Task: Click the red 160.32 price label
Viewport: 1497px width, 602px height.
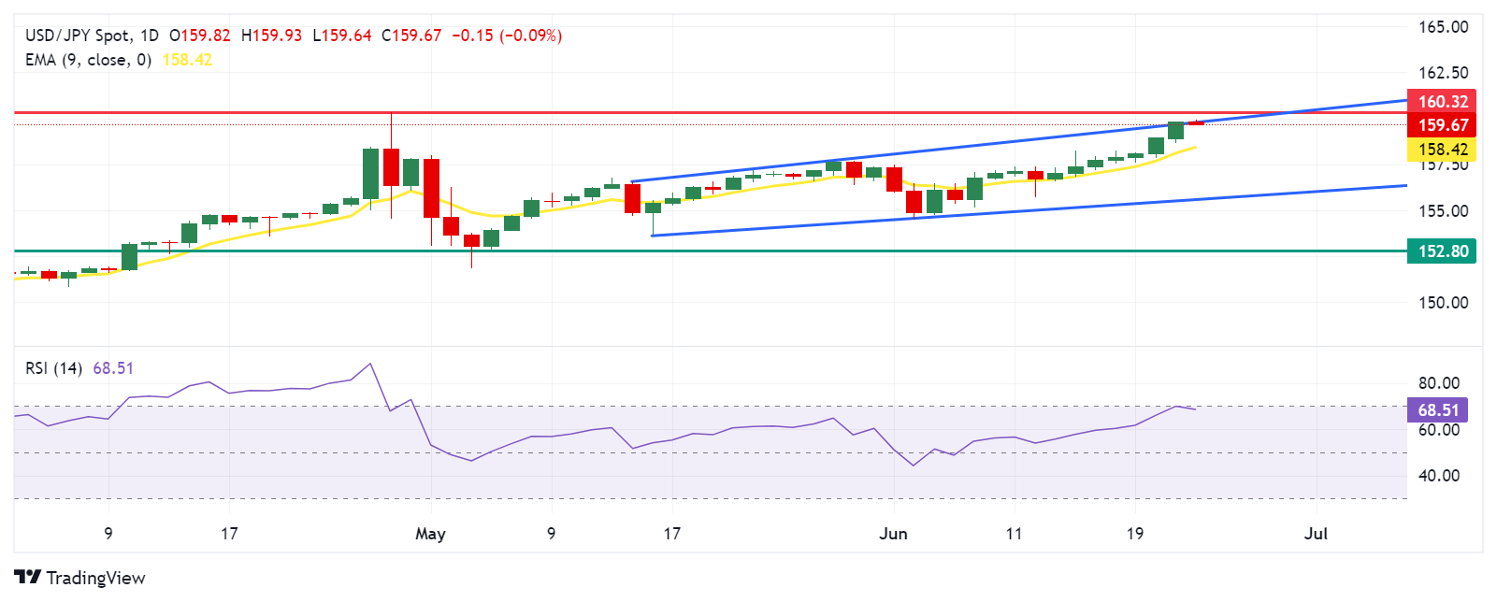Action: click(1442, 102)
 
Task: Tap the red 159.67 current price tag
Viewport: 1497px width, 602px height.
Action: click(1442, 125)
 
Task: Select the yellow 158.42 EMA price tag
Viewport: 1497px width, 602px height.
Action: click(1442, 150)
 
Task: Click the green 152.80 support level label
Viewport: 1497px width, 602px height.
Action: click(1442, 251)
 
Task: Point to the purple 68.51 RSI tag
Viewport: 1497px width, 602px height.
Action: click(1437, 410)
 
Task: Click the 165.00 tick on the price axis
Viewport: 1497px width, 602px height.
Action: click(1443, 27)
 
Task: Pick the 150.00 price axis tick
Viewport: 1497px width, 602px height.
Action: click(1443, 303)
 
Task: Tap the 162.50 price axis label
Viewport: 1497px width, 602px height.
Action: click(1443, 73)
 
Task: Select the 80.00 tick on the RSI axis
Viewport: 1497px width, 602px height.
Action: click(1438, 383)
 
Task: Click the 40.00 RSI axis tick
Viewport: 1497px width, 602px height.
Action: click(1438, 476)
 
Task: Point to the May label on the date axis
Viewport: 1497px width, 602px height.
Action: click(430, 534)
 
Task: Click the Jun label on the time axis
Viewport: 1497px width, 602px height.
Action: click(893, 534)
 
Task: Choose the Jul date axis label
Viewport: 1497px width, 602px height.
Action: click(1316, 534)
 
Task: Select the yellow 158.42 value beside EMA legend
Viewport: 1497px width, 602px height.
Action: click(187, 60)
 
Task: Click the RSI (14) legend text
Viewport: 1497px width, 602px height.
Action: click(53, 368)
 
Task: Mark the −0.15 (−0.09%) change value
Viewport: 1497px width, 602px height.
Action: click(507, 36)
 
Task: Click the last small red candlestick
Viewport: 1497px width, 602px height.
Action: click(1196, 122)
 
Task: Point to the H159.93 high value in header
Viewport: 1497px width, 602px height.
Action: click(271, 36)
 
